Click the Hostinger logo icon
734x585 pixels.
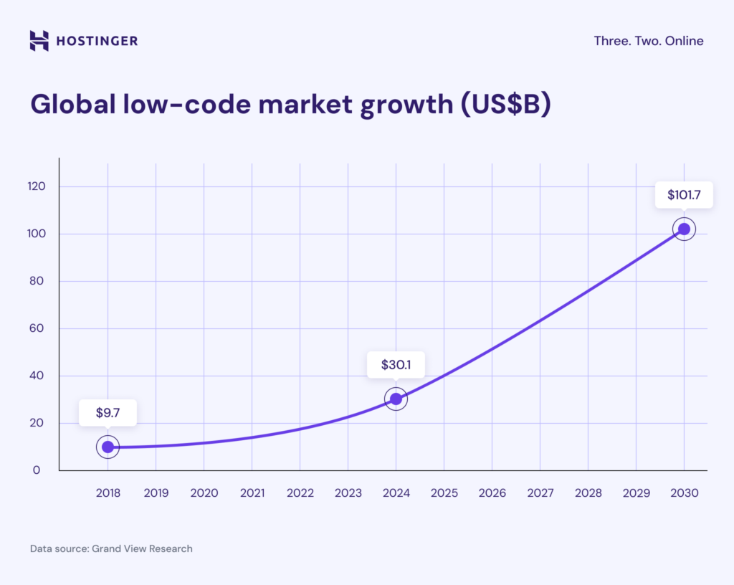pos(39,41)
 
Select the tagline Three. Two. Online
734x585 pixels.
pos(648,41)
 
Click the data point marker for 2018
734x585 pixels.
pos(108,447)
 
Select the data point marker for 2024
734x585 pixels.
pos(396,399)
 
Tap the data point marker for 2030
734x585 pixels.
pos(684,229)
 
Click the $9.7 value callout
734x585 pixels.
pos(108,413)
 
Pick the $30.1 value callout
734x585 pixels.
pos(396,365)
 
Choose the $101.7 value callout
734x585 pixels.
pos(684,194)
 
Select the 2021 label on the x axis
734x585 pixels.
pos(252,493)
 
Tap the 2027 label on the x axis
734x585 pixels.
pos(540,493)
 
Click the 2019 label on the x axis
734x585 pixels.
pos(156,493)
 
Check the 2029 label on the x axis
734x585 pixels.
pos(636,493)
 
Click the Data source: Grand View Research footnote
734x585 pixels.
pos(111,548)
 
